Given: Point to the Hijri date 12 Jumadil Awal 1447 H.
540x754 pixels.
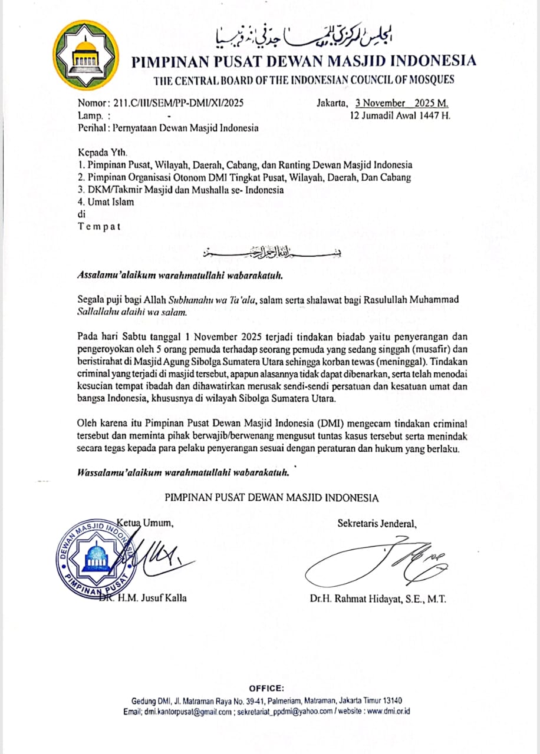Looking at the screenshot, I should pos(400,115).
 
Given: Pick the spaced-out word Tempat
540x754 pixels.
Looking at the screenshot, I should pos(99,227).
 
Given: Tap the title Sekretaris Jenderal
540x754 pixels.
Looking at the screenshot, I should pos(377,522).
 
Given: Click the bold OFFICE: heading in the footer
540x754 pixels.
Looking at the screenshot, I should pos(266,688).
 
